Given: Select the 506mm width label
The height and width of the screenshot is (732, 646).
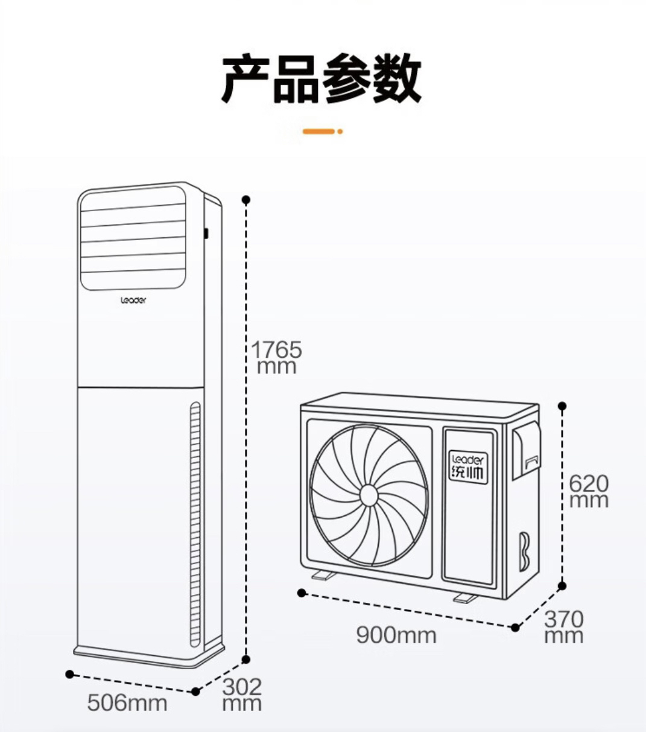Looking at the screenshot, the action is coord(127,702).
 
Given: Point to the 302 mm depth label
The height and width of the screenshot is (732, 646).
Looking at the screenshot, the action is coord(242,695).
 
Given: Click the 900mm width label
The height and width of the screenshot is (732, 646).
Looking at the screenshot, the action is coord(396,634).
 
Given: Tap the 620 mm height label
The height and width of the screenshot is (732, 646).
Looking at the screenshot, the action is coord(589,491).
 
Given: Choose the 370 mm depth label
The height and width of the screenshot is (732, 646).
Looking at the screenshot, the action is coord(563,627).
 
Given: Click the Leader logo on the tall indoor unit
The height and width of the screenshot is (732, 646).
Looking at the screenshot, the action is coord(133,300).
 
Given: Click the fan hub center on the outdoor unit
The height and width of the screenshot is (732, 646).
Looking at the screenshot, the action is coord(368,495).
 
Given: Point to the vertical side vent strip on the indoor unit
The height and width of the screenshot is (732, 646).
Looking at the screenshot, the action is coord(195,523).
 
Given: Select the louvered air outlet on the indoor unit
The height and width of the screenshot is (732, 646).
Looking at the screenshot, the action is coord(133,240).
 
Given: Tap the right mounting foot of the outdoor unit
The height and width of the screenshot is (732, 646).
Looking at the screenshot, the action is coord(465,597).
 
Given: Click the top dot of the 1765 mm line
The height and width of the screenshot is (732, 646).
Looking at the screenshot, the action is coord(245,199).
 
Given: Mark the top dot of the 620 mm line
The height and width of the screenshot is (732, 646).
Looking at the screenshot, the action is coord(562,406).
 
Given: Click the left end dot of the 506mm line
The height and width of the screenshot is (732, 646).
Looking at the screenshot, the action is coord(69,673).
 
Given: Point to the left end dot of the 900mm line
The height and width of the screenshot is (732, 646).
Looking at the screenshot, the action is coord(302,593).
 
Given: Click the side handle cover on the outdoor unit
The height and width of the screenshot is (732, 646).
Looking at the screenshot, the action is coord(525,450).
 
